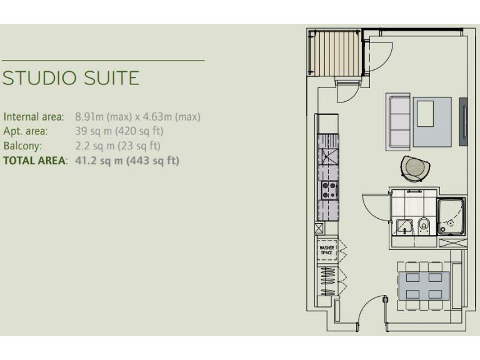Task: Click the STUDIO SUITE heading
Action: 71,79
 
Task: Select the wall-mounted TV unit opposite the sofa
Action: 463,121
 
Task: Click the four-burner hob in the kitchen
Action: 329,190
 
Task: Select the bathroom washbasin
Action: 403,225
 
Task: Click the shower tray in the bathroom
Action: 451,216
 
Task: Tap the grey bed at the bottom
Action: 424,285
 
